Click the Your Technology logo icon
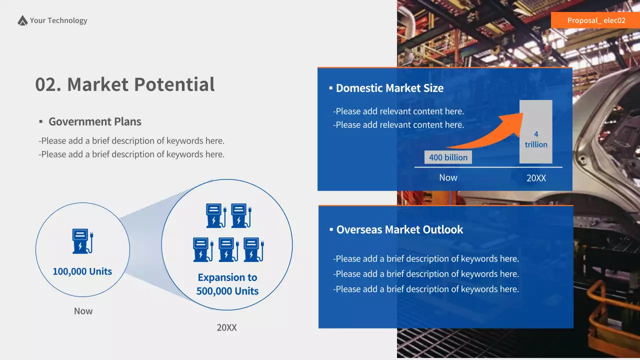(22, 20)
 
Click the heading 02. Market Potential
(125, 84)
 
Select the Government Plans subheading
(94, 121)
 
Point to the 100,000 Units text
(82, 271)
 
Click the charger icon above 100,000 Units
(82, 241)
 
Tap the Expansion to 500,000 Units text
(227, 284)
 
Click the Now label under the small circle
(83, 311)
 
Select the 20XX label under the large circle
(226, 327)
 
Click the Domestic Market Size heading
(389, 88)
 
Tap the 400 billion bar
(448, 157)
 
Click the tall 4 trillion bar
(536, 132)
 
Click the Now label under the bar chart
(448, 177)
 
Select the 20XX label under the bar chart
(536, 177)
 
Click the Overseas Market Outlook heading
(399, 229)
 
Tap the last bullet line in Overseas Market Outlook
(426, 289)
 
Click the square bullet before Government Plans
(41, 122)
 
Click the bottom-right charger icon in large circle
(254, 249)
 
